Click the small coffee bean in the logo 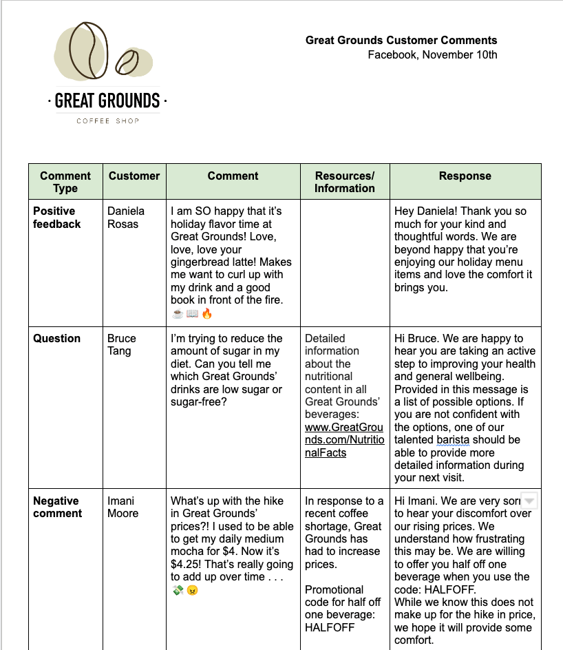127,63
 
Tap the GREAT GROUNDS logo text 107,101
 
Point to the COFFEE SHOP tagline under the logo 107,121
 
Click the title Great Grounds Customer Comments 401,41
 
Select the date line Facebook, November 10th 432,55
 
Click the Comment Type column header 65,182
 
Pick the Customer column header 134,176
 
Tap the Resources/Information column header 345,182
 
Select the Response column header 465,176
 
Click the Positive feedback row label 57,218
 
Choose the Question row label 57,338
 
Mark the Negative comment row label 58,507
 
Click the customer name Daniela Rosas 126,218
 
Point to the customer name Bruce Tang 122,344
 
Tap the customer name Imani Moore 123,507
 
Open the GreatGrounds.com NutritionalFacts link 344,440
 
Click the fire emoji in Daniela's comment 207,313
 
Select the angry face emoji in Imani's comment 192,590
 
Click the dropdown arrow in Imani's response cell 529,501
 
